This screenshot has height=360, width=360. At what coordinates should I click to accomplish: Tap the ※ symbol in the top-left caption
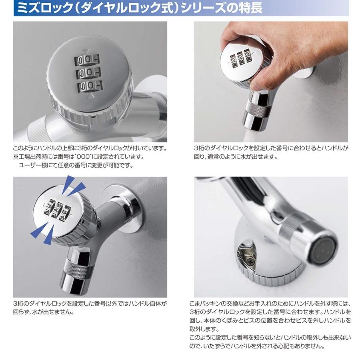pyautogui.click(x=16, y=157)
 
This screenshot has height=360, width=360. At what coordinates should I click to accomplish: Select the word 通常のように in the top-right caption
pyautogui.click(x=224, y=157)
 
